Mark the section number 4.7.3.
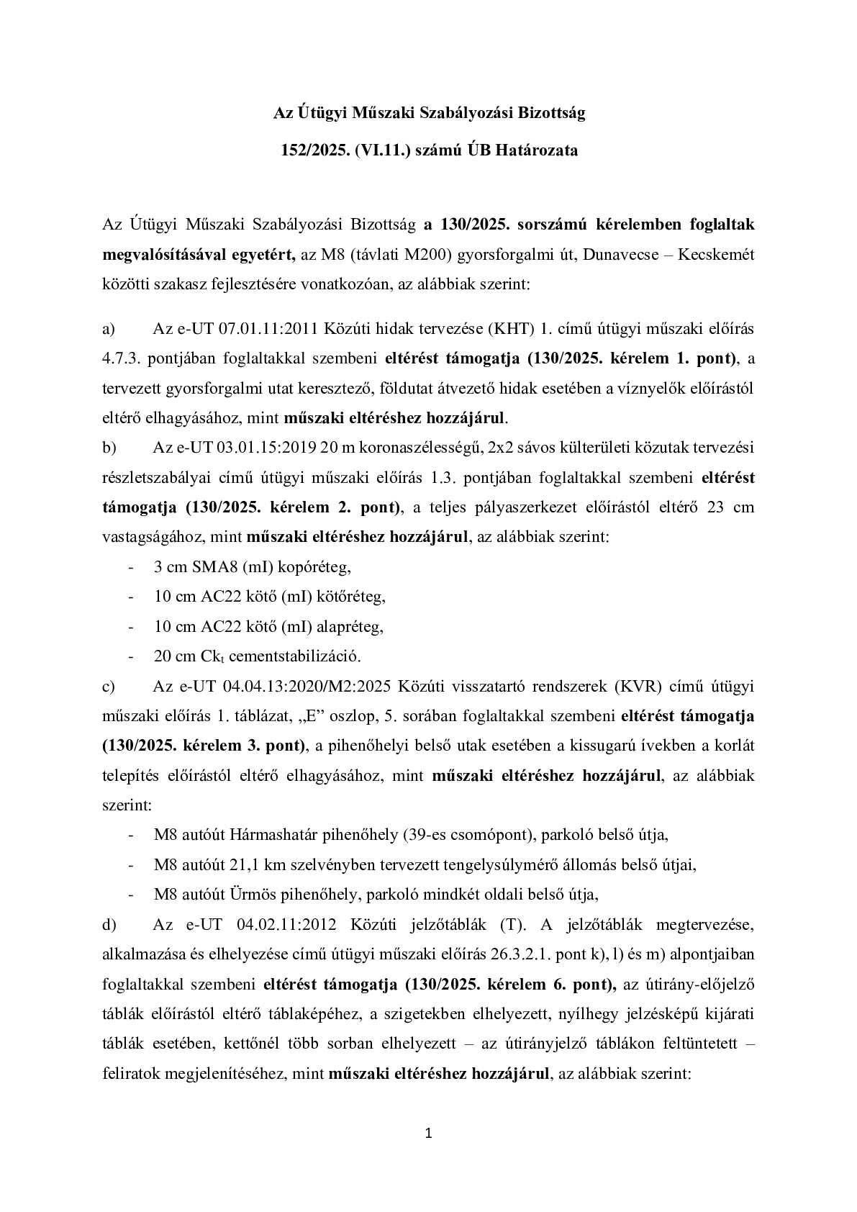tap(126, 358)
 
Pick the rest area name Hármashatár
tap(270, 835)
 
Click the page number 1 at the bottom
tap(429, 1135)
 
